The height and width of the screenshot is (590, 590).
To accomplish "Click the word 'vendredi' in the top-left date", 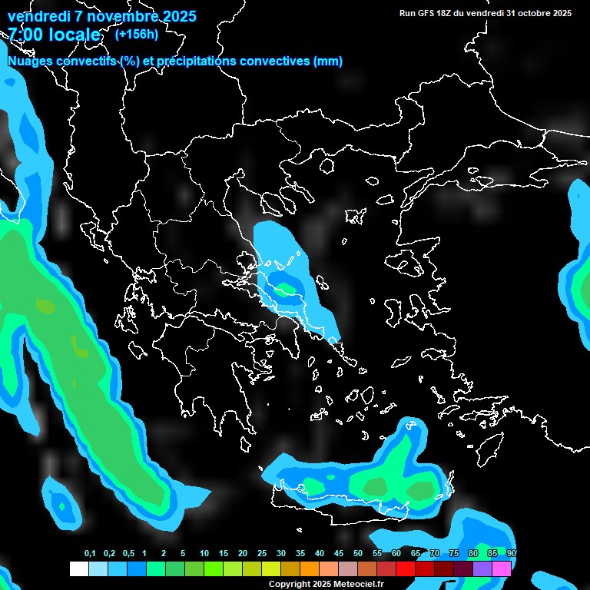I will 38,16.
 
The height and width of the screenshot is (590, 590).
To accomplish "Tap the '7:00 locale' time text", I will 54,35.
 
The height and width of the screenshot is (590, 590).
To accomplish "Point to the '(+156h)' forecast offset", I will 137,34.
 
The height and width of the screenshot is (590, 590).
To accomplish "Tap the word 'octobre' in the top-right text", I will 532,13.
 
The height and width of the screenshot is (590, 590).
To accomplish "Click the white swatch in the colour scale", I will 79,568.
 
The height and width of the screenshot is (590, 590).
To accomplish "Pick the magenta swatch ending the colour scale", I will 502,568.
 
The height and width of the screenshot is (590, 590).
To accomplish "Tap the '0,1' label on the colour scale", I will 90,554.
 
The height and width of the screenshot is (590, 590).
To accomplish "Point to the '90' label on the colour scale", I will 512,554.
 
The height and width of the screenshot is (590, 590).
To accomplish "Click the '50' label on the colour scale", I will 358,554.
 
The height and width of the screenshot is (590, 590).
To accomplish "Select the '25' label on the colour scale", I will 262,554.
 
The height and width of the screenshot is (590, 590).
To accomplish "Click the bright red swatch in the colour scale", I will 406,568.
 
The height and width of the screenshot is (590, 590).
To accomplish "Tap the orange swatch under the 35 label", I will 310,568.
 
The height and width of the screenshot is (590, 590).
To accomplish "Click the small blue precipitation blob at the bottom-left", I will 61,502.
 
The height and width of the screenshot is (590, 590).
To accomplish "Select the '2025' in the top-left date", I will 178,16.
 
